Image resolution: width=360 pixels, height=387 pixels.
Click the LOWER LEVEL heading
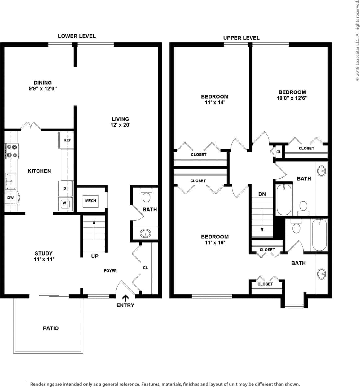point(77,36)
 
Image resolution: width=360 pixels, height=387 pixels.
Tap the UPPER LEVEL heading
point(241,38)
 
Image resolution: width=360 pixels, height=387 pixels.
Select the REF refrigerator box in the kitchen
point(67,140)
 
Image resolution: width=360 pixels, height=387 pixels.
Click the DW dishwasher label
point(11,198)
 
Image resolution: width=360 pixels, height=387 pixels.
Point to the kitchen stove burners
point(12,151)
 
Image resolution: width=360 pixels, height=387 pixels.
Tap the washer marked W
point(65,203)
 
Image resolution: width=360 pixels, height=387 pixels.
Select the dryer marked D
point(65,188)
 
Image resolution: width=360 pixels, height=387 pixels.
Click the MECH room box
point(90,201)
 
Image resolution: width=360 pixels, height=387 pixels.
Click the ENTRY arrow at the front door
point(125,298)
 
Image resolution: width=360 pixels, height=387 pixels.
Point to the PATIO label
point(50,328)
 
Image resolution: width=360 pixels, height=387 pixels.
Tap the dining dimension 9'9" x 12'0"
point(43,88)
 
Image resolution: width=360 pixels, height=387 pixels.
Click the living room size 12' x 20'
point(120,125)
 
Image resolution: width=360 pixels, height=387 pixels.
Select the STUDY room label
point(44,253)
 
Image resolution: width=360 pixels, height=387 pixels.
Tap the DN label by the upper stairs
point(262,194)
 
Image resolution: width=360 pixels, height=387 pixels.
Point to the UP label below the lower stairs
point(95,256)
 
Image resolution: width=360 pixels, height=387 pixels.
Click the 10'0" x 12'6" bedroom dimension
point(292,98)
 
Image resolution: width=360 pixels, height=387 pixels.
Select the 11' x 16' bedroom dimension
point(214,242)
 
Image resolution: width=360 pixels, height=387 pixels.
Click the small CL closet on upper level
point(279,152)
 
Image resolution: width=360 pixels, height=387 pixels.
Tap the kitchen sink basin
point(11,181)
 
